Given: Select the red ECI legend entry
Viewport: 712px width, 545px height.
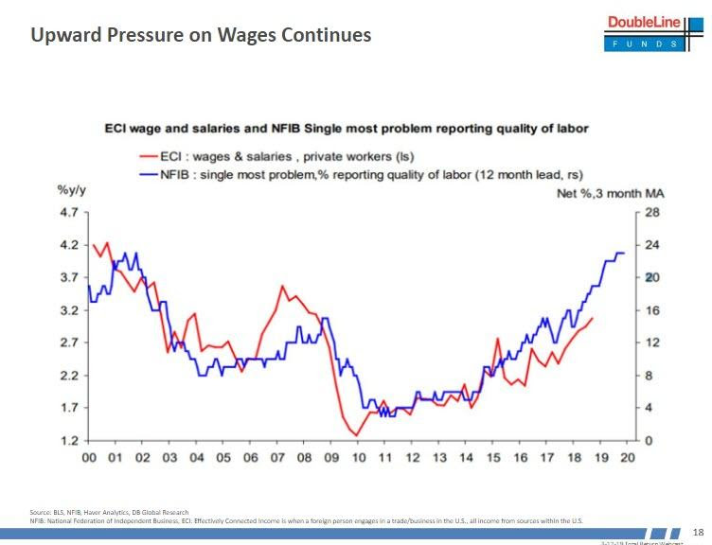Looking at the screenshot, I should [275, 156].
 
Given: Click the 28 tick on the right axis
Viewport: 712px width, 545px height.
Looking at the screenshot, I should [651, 212].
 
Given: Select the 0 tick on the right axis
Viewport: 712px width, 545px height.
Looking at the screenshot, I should [649, 441].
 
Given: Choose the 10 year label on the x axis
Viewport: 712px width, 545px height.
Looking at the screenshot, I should [359, 458].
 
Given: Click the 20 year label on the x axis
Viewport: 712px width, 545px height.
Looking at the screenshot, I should [628, 458].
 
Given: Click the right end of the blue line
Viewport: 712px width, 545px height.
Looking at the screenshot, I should [625, 253].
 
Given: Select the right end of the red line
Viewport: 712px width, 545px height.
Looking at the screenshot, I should [593, 319].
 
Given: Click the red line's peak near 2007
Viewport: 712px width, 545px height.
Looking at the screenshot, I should [282, 286].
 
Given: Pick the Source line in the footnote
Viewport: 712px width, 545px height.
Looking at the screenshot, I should [109, 512].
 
